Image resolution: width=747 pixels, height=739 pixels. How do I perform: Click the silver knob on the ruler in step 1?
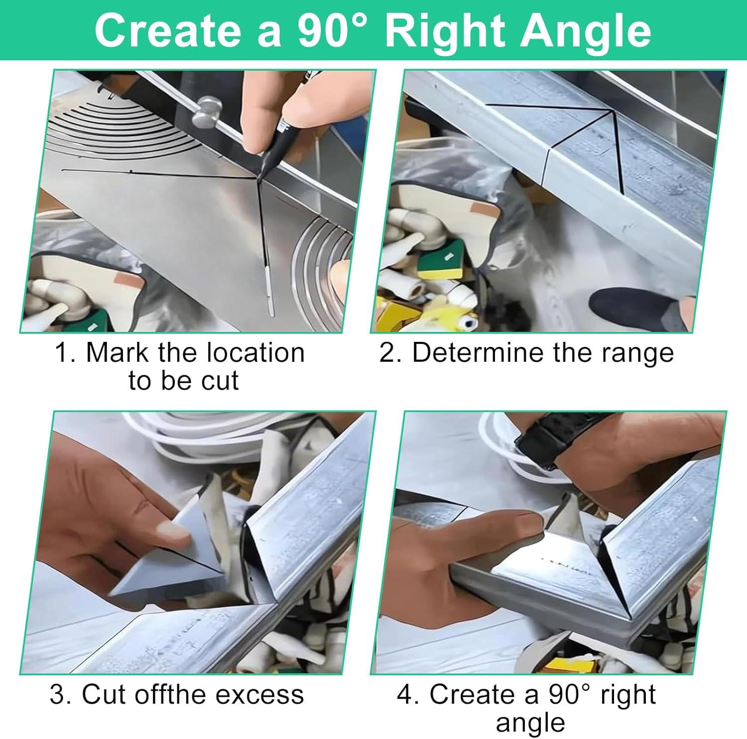205,113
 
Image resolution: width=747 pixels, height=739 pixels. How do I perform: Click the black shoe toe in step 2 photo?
632,309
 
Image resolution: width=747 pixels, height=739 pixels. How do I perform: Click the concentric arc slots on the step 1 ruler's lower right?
324,271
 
